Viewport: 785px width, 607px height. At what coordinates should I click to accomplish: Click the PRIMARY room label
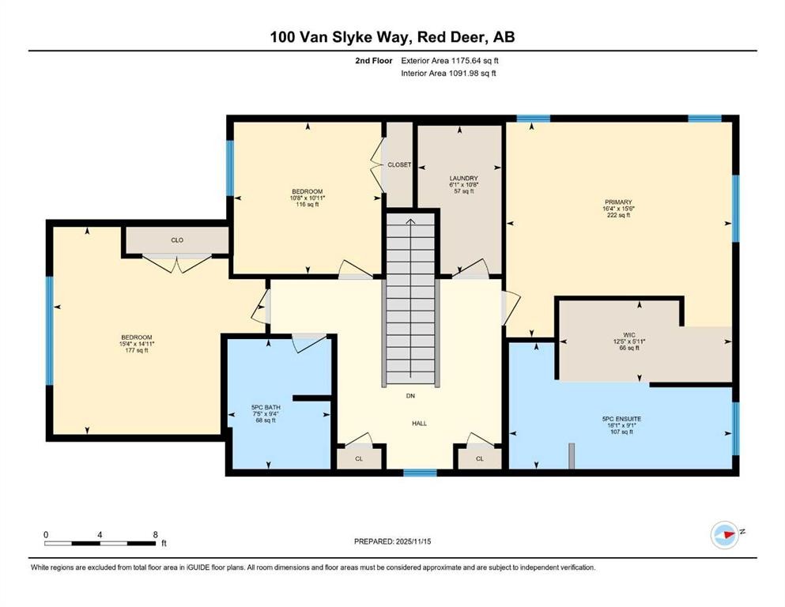pyautogui.click(x=617, y=202)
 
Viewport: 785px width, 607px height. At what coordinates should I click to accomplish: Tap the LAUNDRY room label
pyautogui.click(x=463, y=178)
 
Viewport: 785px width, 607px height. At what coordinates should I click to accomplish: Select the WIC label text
pyautogui.click(x=629, y=335)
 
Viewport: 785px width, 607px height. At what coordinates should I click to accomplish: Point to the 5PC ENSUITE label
pyautogui.click(x=622, y=419)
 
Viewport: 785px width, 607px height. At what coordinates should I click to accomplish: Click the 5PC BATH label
pyautogui.click(x=266, y=407)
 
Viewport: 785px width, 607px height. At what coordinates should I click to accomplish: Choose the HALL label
pyautogui.click(x=420, y=424)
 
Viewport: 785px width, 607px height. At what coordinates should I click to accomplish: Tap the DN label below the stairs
pyautogui.click(x=410, y=396)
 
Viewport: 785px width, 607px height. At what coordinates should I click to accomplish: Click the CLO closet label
pyautogui.click(x=177, y=240)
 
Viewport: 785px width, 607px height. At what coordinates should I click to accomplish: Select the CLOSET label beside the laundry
pyautogui.click(x=399, y=164)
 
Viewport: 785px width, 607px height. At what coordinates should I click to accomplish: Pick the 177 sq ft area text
pyautogui.click(x=137, y=350)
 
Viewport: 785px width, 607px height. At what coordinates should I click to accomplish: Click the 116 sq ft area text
pyautogui.click(x=308, y=204)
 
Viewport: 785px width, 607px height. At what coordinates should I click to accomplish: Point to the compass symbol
pyautogui.click(x=725, y=534)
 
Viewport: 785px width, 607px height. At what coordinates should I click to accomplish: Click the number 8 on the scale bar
pyautogui.click(x=155, y=534)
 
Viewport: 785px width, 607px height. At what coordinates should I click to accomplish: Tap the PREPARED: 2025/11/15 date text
pyautogui.click(x=392, y=541)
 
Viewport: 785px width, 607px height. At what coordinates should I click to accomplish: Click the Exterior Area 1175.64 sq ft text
pyautogui.click(x=450, y=61)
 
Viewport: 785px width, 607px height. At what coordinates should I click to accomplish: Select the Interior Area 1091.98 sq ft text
pyautogui.click(x=448, y=73)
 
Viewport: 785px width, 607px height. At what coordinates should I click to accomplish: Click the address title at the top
pyautogui.click(x=392, y=37)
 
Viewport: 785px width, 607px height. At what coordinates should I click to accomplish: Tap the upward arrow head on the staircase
pyautogui.click(x=410, y=221)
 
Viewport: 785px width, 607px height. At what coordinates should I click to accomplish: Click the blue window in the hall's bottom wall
pyautogui.click(x=420, y=473)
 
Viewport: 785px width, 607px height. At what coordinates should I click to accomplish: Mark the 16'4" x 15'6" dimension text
pyautogui.click(x=618, y=209)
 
